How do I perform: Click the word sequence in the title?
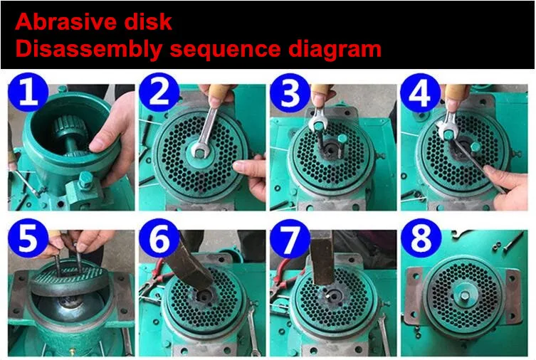225,49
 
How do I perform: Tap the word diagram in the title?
335,50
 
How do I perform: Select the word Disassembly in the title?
88,50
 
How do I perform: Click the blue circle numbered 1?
28,92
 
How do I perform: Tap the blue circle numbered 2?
159,92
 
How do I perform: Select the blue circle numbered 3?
290,92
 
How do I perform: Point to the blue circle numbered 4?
421,92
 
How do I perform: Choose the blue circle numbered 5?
28,238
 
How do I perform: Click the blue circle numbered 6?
159,238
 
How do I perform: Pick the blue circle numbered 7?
290,238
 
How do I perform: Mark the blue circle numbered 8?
421,238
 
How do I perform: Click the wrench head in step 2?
199,150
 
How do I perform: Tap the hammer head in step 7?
323,258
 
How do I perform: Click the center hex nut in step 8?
465,295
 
